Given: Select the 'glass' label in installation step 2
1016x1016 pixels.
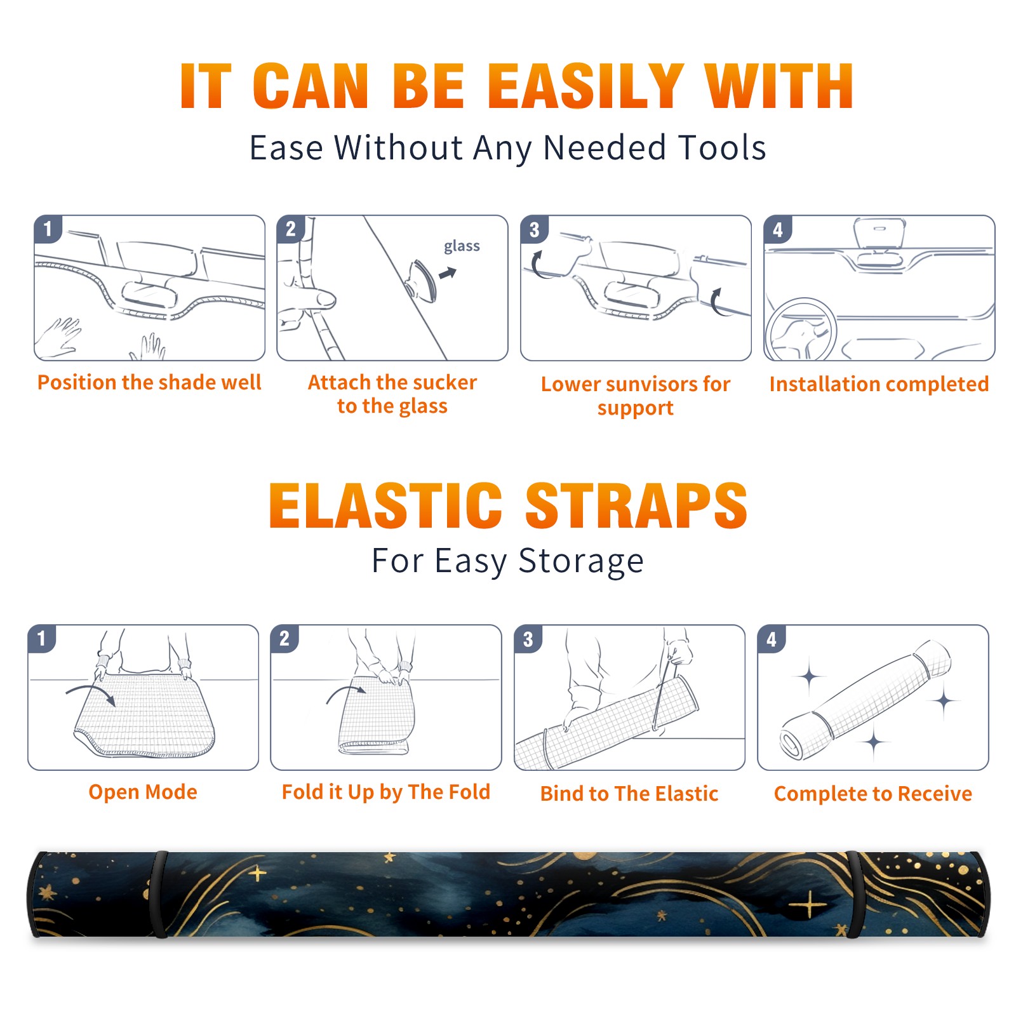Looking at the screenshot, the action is (x=462, y=246).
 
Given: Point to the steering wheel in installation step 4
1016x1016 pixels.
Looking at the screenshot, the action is (x=801, y=330).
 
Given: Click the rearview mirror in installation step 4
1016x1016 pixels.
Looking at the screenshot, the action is (x=879, y=234).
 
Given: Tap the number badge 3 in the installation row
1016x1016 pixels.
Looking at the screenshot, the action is (x=534, y=229).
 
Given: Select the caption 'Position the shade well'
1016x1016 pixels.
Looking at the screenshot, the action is (x=149, y=382).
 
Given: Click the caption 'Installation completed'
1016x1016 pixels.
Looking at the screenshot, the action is (x=879, y=384).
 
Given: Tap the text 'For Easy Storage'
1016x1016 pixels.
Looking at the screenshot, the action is (x=507, y=561).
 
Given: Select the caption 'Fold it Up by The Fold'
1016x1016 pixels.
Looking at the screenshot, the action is (x=386, y=792).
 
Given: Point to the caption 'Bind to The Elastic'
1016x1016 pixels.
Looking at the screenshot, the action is (x=629, y=794).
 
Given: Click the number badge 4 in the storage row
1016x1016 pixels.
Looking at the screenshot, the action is (x=772, y=639).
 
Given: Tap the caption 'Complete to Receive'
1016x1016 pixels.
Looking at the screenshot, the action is (x=873, y=794).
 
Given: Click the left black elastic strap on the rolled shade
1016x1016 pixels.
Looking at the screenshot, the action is (x=159, y=894).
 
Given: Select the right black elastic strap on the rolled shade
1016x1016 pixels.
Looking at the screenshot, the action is (x=853, y=895).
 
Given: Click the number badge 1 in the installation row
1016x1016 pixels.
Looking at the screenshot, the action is (x=48, y=229).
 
